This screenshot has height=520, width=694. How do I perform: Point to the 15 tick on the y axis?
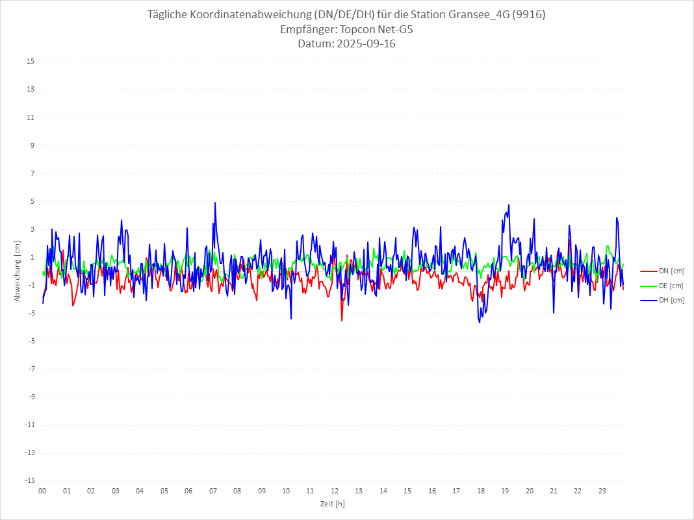coord(31,62)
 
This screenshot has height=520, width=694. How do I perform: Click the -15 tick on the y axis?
coord(29,480)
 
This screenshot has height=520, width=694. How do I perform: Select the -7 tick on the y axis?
coord(31,369)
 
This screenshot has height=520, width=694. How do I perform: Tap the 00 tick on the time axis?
coord(42,491)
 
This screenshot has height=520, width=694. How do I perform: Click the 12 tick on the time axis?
coord(335,491)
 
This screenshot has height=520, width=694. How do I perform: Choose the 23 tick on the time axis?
coord(602,491)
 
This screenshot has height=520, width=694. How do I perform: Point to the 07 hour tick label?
coord(212,491)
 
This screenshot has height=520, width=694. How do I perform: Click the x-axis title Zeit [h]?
coord(332,503)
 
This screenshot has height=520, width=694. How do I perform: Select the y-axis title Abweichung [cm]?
coord(18,271)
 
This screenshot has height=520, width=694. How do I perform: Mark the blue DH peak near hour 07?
coord(215,203)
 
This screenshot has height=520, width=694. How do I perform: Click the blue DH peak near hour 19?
coord(509,204)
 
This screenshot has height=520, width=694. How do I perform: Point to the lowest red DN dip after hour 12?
coord(342,320)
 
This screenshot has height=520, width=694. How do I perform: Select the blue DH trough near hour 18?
coord(480,322)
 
